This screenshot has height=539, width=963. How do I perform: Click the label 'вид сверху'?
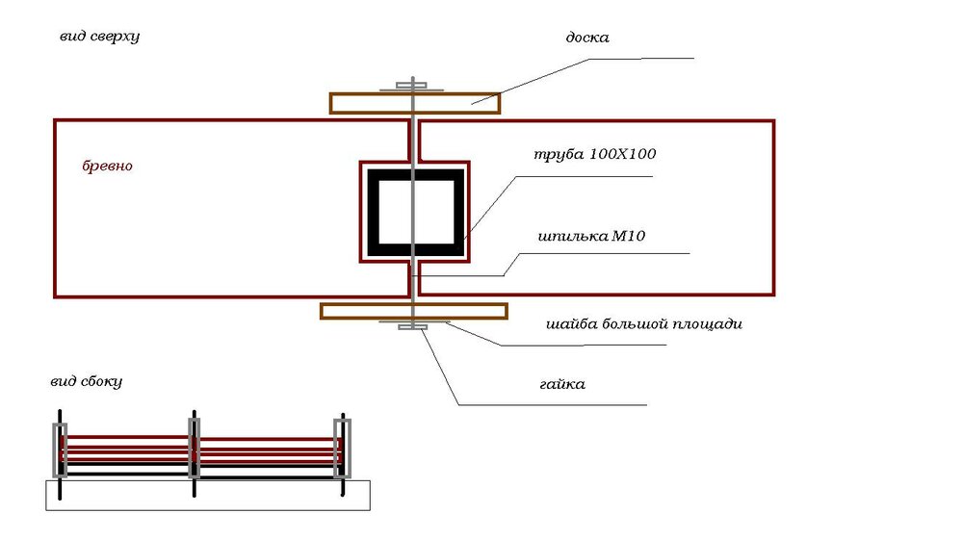[x=99, y=37]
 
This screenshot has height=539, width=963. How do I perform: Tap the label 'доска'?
[x=587, y=38]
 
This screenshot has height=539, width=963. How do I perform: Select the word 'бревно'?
[x=108, y=166]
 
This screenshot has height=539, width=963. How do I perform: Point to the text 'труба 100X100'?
[x=594, y=153]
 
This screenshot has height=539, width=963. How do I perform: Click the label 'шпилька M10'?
[x=591, y=236]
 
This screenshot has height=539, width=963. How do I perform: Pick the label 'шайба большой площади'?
[x=644, y=323]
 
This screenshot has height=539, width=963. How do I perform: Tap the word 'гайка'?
[x=562, y=384]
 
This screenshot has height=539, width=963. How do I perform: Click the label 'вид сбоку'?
[x=86, y=381]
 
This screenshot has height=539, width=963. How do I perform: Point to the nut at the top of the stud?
[x=411, y=86]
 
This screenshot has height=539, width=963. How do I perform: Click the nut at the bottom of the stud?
[x=413, y=327]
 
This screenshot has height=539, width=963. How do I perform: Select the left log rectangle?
[x=54, y=209]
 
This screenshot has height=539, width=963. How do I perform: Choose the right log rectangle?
[x=774, y=208]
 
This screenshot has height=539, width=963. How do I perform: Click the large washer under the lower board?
[x=414, y=321]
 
